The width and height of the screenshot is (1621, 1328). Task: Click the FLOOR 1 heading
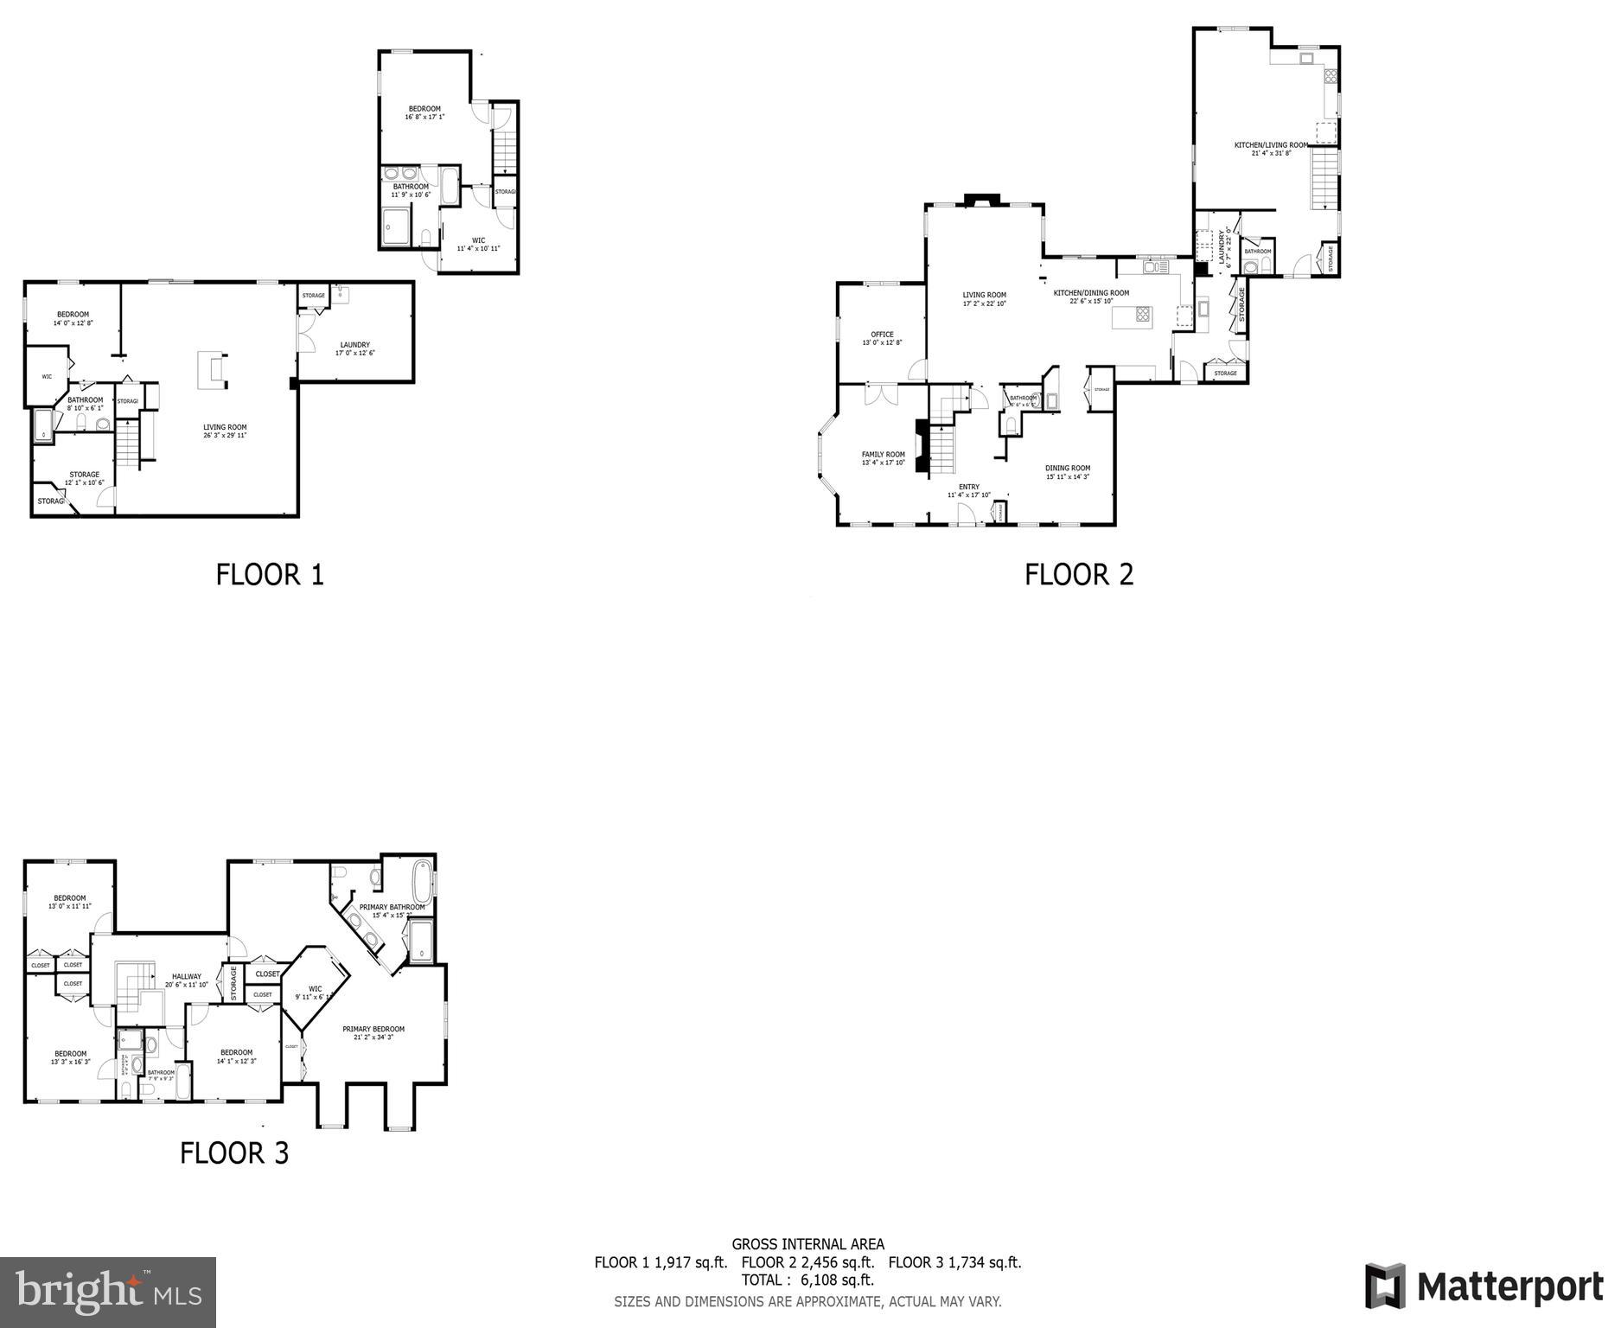270,575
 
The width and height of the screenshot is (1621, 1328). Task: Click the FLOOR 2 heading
1078,575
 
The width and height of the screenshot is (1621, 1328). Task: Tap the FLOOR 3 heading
234,1152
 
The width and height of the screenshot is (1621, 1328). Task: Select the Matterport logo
1484,1286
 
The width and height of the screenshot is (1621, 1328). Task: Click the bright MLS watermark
108,1292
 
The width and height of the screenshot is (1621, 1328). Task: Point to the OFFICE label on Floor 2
882,335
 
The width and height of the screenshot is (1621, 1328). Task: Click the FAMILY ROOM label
883,455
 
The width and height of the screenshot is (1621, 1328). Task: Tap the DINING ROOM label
1068,469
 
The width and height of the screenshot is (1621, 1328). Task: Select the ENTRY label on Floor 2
969,487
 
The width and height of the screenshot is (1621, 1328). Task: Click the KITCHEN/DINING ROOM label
1091,293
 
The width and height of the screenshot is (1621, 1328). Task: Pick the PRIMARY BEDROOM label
373,1029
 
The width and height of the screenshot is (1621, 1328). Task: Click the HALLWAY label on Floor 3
186,976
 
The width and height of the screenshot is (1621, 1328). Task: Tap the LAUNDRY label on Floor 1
354,345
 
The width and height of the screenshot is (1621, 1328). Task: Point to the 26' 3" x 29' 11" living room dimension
225,436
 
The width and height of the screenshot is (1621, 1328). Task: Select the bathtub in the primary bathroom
423,882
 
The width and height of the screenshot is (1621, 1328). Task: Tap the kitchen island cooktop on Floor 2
1143,315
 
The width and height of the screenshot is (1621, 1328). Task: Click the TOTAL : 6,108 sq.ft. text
807,1280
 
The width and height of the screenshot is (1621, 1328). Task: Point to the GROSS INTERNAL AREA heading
807,1245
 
